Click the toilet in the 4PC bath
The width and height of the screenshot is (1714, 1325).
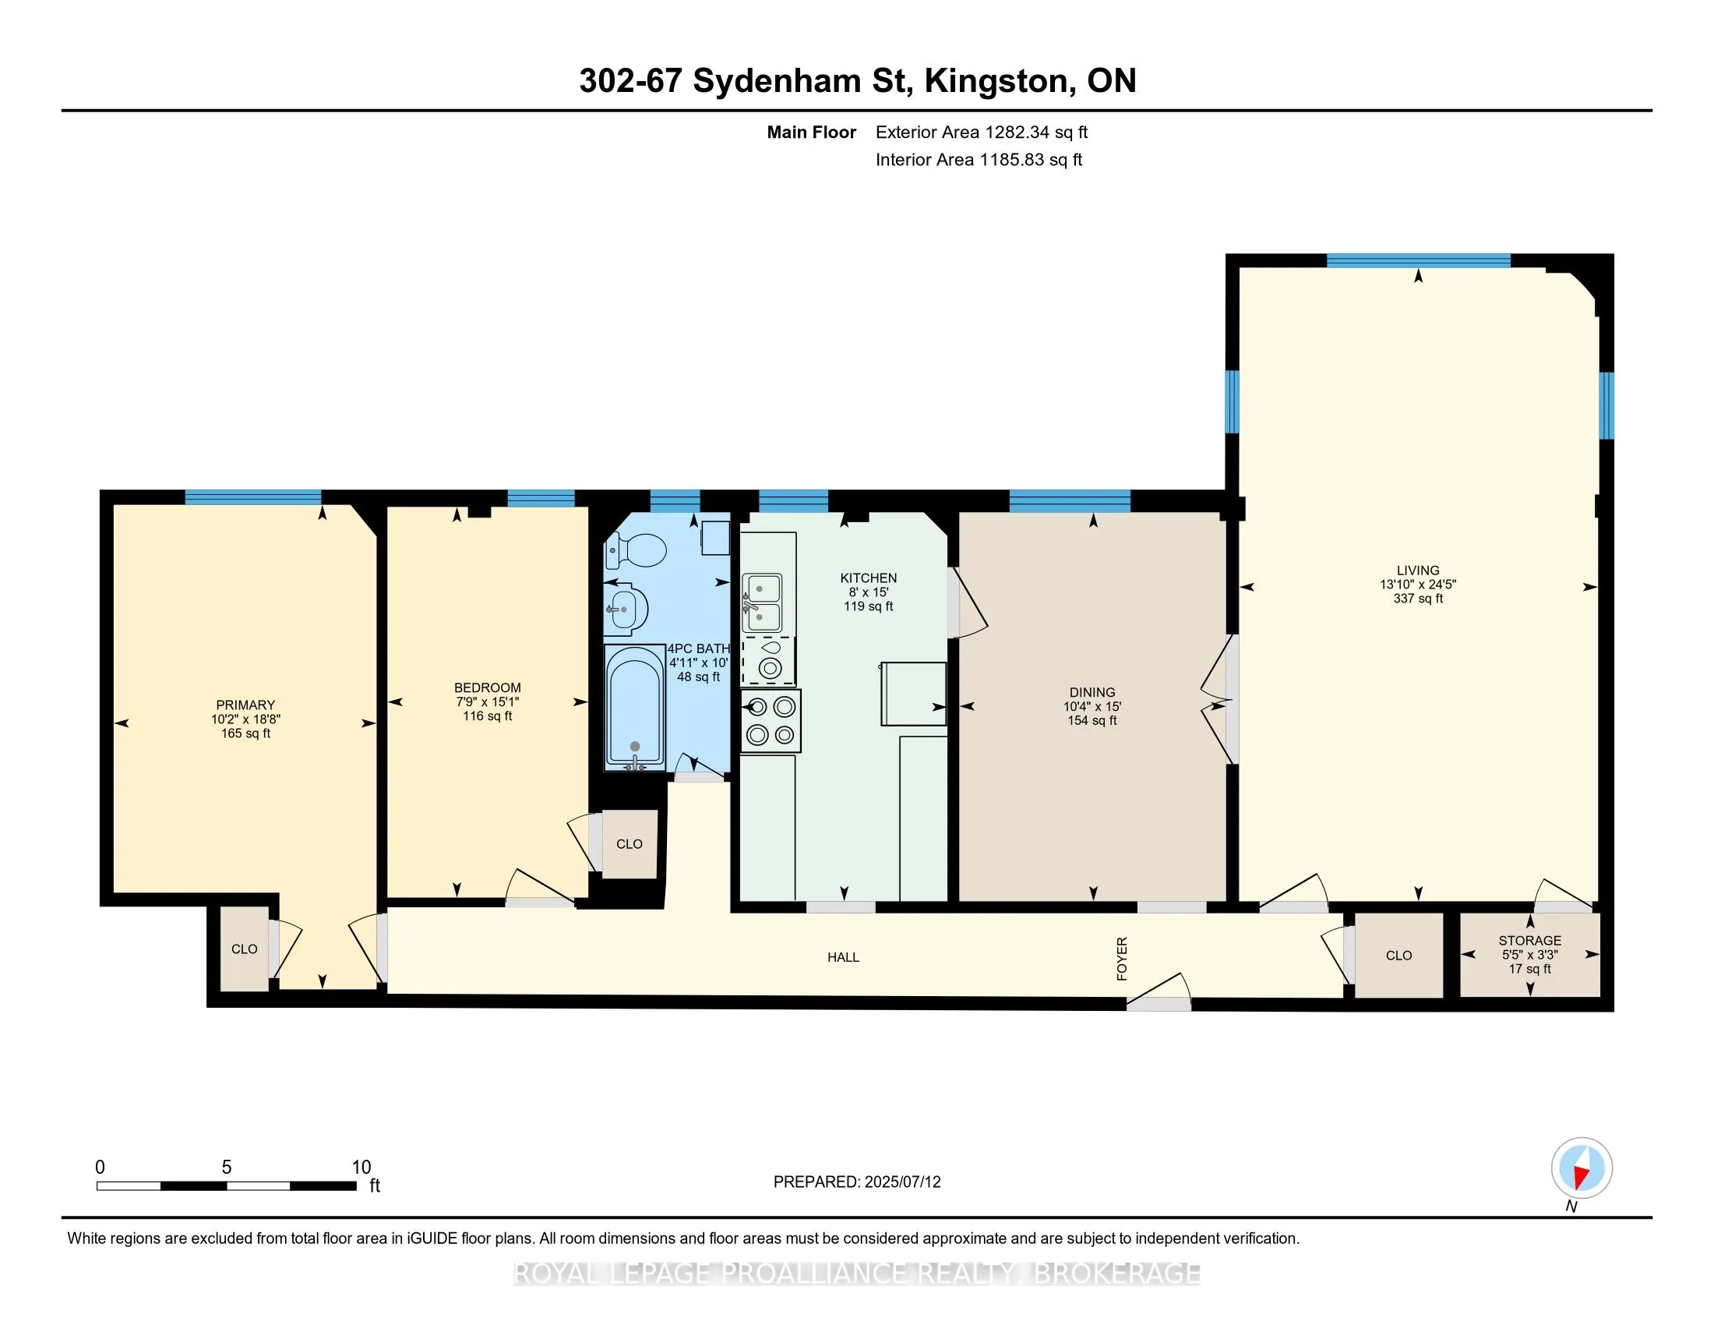(636, 550)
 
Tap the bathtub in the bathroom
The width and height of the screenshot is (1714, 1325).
(635, 706)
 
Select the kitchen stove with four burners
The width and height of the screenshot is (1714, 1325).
(770, 721)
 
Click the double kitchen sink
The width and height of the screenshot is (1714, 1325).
(762, 602)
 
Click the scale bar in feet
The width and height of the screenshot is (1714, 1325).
(227, 1185)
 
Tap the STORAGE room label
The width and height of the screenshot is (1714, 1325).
(1529, 941)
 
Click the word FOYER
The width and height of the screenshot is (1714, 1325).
(1122, 959)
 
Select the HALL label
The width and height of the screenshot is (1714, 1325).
(843, 958)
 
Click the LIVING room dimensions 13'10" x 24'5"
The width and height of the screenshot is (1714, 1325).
(1418, 585)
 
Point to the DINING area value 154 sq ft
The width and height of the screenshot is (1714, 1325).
(1092, 721)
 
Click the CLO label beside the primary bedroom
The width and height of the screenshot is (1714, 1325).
(244, 949)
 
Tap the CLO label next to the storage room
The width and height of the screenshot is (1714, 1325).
(1398, 956)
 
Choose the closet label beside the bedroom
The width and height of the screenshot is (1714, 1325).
(630, 844)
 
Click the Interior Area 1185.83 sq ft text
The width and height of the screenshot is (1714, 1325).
(979, 159)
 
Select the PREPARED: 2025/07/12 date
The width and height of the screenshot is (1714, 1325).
(857, 1182)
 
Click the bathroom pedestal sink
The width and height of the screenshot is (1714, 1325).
(626, 610)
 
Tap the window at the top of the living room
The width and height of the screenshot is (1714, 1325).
(1418, 260)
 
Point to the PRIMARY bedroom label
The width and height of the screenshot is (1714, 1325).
(245, 705)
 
